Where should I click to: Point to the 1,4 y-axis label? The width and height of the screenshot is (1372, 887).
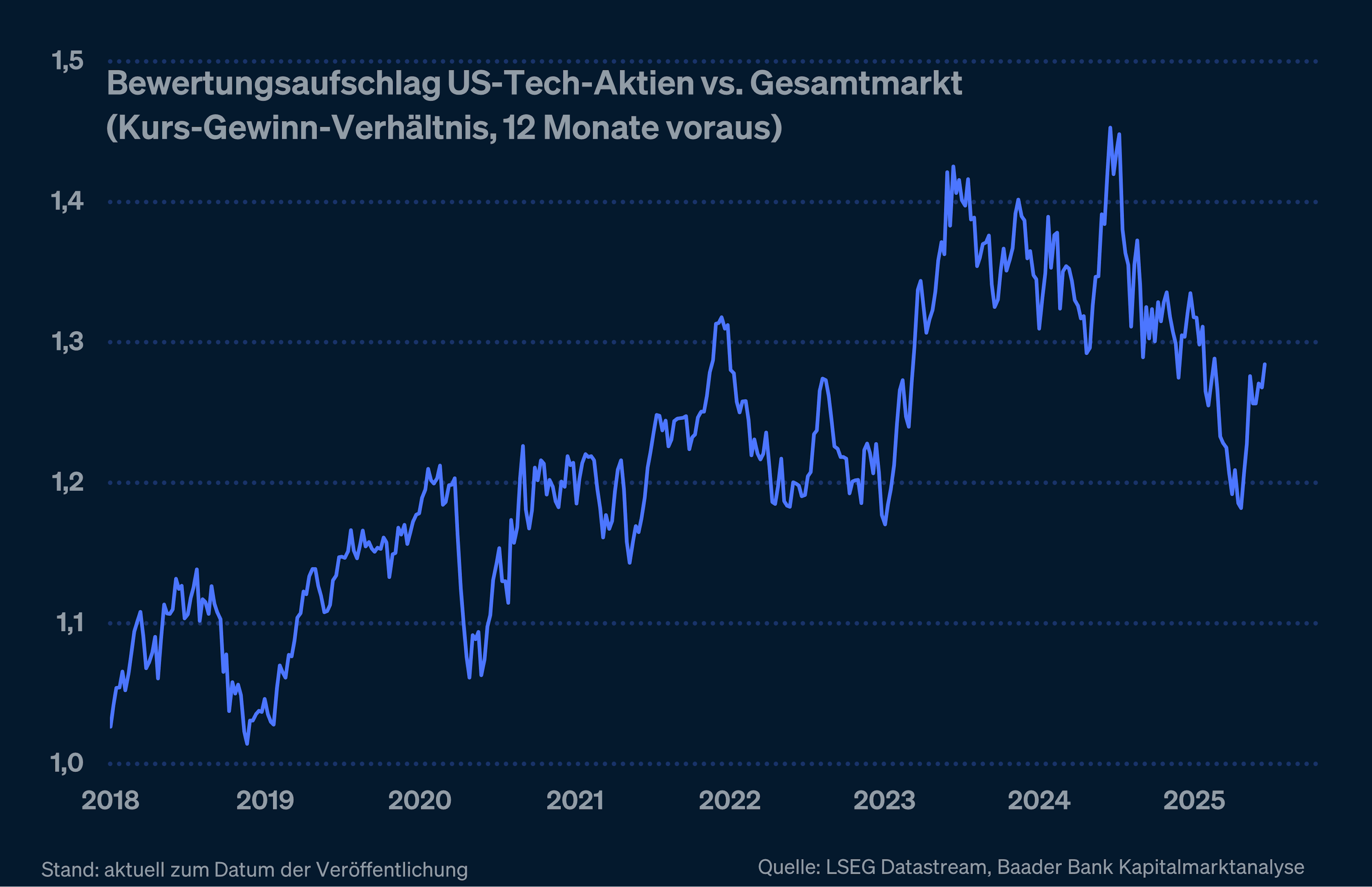(68, 201)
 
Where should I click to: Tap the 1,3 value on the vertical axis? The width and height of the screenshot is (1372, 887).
(68, 342)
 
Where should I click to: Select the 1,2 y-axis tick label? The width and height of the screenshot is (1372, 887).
(68, 482)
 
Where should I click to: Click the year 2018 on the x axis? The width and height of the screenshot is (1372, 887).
(111, 801)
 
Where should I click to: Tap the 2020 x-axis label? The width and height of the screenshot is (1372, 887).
(419, 801)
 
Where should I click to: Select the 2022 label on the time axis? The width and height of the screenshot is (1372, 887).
(730, 801)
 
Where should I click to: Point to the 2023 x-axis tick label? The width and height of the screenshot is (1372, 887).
(884, 801)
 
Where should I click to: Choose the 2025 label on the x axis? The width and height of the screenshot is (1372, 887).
(1194, 801)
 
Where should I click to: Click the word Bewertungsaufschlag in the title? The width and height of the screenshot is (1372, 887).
(274, 84)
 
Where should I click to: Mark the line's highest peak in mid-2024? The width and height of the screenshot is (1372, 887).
(1110, 128)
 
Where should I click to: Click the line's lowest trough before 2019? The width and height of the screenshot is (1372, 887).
(247, 744)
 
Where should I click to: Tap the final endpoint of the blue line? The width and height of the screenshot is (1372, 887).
(1265, 364)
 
